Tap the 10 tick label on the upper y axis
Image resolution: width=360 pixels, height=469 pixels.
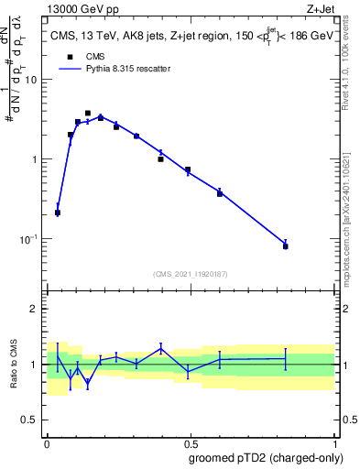[31, 80]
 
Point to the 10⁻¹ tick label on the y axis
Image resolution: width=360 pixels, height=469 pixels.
[28, 239]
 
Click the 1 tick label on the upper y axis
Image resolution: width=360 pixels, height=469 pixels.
[36, 159]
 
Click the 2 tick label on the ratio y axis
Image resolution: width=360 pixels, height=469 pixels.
[36, 310]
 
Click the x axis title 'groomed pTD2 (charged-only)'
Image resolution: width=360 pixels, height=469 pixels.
[265, 457]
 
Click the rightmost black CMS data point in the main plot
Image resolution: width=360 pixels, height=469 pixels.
[286, 246]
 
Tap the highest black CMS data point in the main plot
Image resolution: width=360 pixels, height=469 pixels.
[88, 114]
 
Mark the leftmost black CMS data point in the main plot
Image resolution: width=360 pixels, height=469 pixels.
[58, 213]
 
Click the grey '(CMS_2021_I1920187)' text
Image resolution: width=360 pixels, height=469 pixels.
[190, 274]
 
